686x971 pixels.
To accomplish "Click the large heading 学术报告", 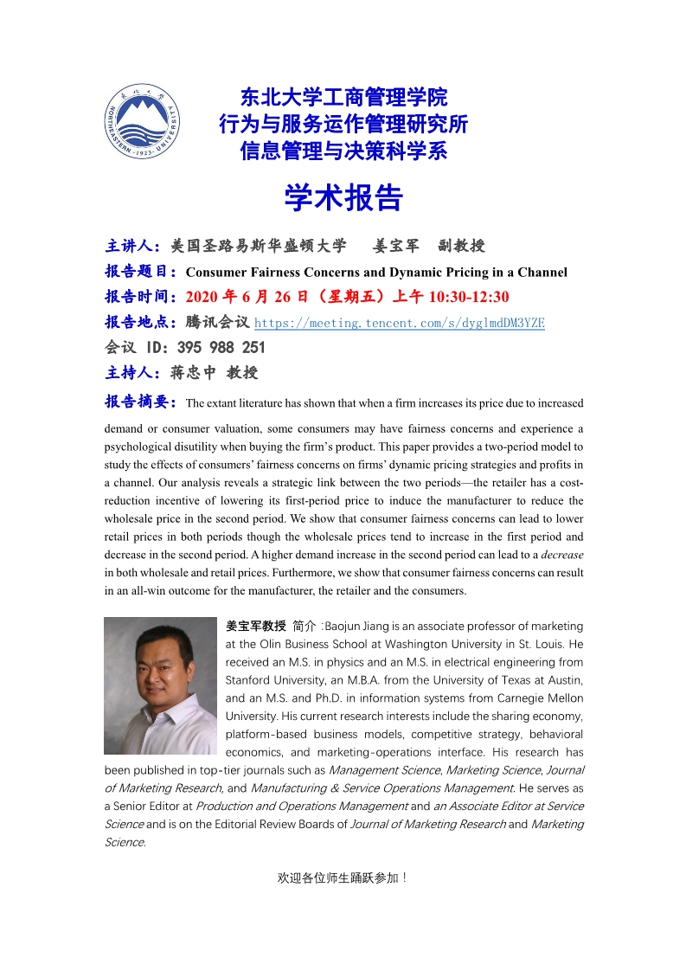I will point(343,198).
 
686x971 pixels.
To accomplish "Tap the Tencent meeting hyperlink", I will point(399,323).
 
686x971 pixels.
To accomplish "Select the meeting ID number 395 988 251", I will point(221,348).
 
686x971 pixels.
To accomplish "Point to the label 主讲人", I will point(130,246).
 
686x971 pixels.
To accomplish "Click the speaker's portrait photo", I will point(161,685).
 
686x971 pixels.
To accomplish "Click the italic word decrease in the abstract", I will point(562,555).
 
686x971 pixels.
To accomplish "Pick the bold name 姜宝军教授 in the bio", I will point(255,625).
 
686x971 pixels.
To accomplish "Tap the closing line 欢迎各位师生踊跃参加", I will point(342,878).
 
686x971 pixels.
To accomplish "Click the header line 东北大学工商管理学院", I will point(343,97).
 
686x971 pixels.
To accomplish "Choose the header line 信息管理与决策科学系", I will point(343,151).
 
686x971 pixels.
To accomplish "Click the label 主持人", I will point(130,373).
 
